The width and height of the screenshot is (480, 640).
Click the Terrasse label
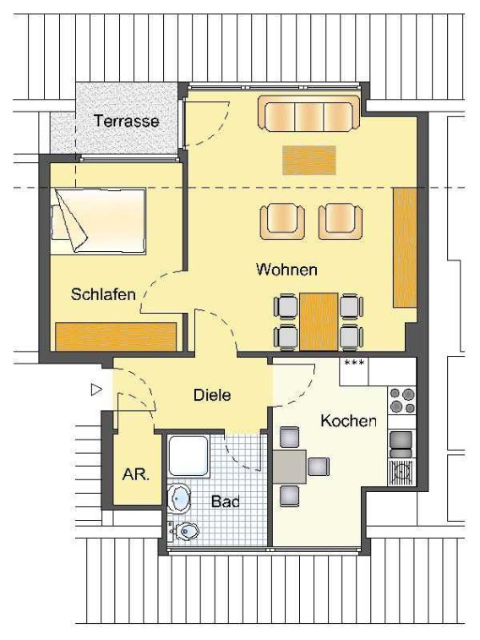coord(126,121)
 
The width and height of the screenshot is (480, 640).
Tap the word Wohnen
coord(286,270)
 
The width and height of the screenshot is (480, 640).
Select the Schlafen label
coord(103,294)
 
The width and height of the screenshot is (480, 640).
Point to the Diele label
coord(212,395)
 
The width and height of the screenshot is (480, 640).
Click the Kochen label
coord(348,420)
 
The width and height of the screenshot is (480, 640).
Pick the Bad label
coord(225,501)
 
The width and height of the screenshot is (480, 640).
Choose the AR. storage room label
coord(136,474)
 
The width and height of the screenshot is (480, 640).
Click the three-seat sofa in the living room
coord(308,113)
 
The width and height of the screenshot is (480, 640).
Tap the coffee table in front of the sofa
coord(309,160)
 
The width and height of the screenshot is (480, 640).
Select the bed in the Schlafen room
coord(98,221)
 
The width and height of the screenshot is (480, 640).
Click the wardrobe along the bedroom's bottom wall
coord(116,336)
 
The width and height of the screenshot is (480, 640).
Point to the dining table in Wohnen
coord(319,321)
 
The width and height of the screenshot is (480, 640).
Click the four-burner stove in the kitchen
coord(401,400)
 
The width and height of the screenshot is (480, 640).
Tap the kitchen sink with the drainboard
coord(401,473)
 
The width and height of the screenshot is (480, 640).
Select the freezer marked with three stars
coord(354,371)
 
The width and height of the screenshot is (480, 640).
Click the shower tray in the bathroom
coord(188,456)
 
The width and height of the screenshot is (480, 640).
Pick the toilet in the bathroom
coord(183,531)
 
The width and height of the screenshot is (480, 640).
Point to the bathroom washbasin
coord(178,499)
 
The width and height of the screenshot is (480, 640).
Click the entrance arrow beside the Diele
coord(96,390)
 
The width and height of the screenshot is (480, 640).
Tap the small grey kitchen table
coord(290,467)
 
